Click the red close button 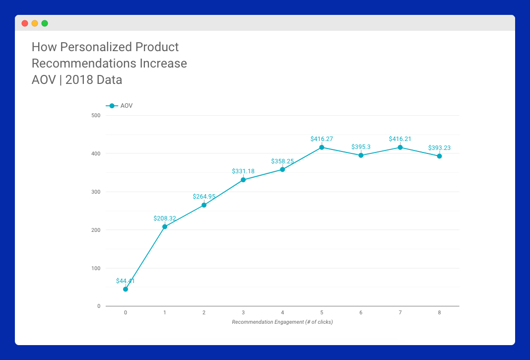pyautogui.click(x=25, y=23)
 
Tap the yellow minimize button pyautogui.click(x=34, y=23)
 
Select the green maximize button pyautogui.click(x=45, y=23)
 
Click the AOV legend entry pyautogui.click(x=119, y=106)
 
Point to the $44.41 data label pyautogui.click(x=126, y=281)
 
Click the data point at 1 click pyautogui.click(x=165, y=227)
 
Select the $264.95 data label pyautogui.click(x=204, y=197)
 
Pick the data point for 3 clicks pyautogui.click(x=243, y=180)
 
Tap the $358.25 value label pyautogui.click(x=282, y=161)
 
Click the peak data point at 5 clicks pyautogui.click(x=322, y=147)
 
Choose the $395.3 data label pyautogui.click(x=361, y=147)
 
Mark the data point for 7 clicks pyautogui.click(x=400, y=147)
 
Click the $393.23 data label pyautogui.click(x=439, y=148)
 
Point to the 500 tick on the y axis pyautogui.click(x=96, y=115)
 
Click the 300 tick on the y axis pyautogui.click(x=96, y=192)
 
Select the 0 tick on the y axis pyautogui.click(x=99, y=306)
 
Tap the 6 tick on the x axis pyautogui.click(x=361, y=313)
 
